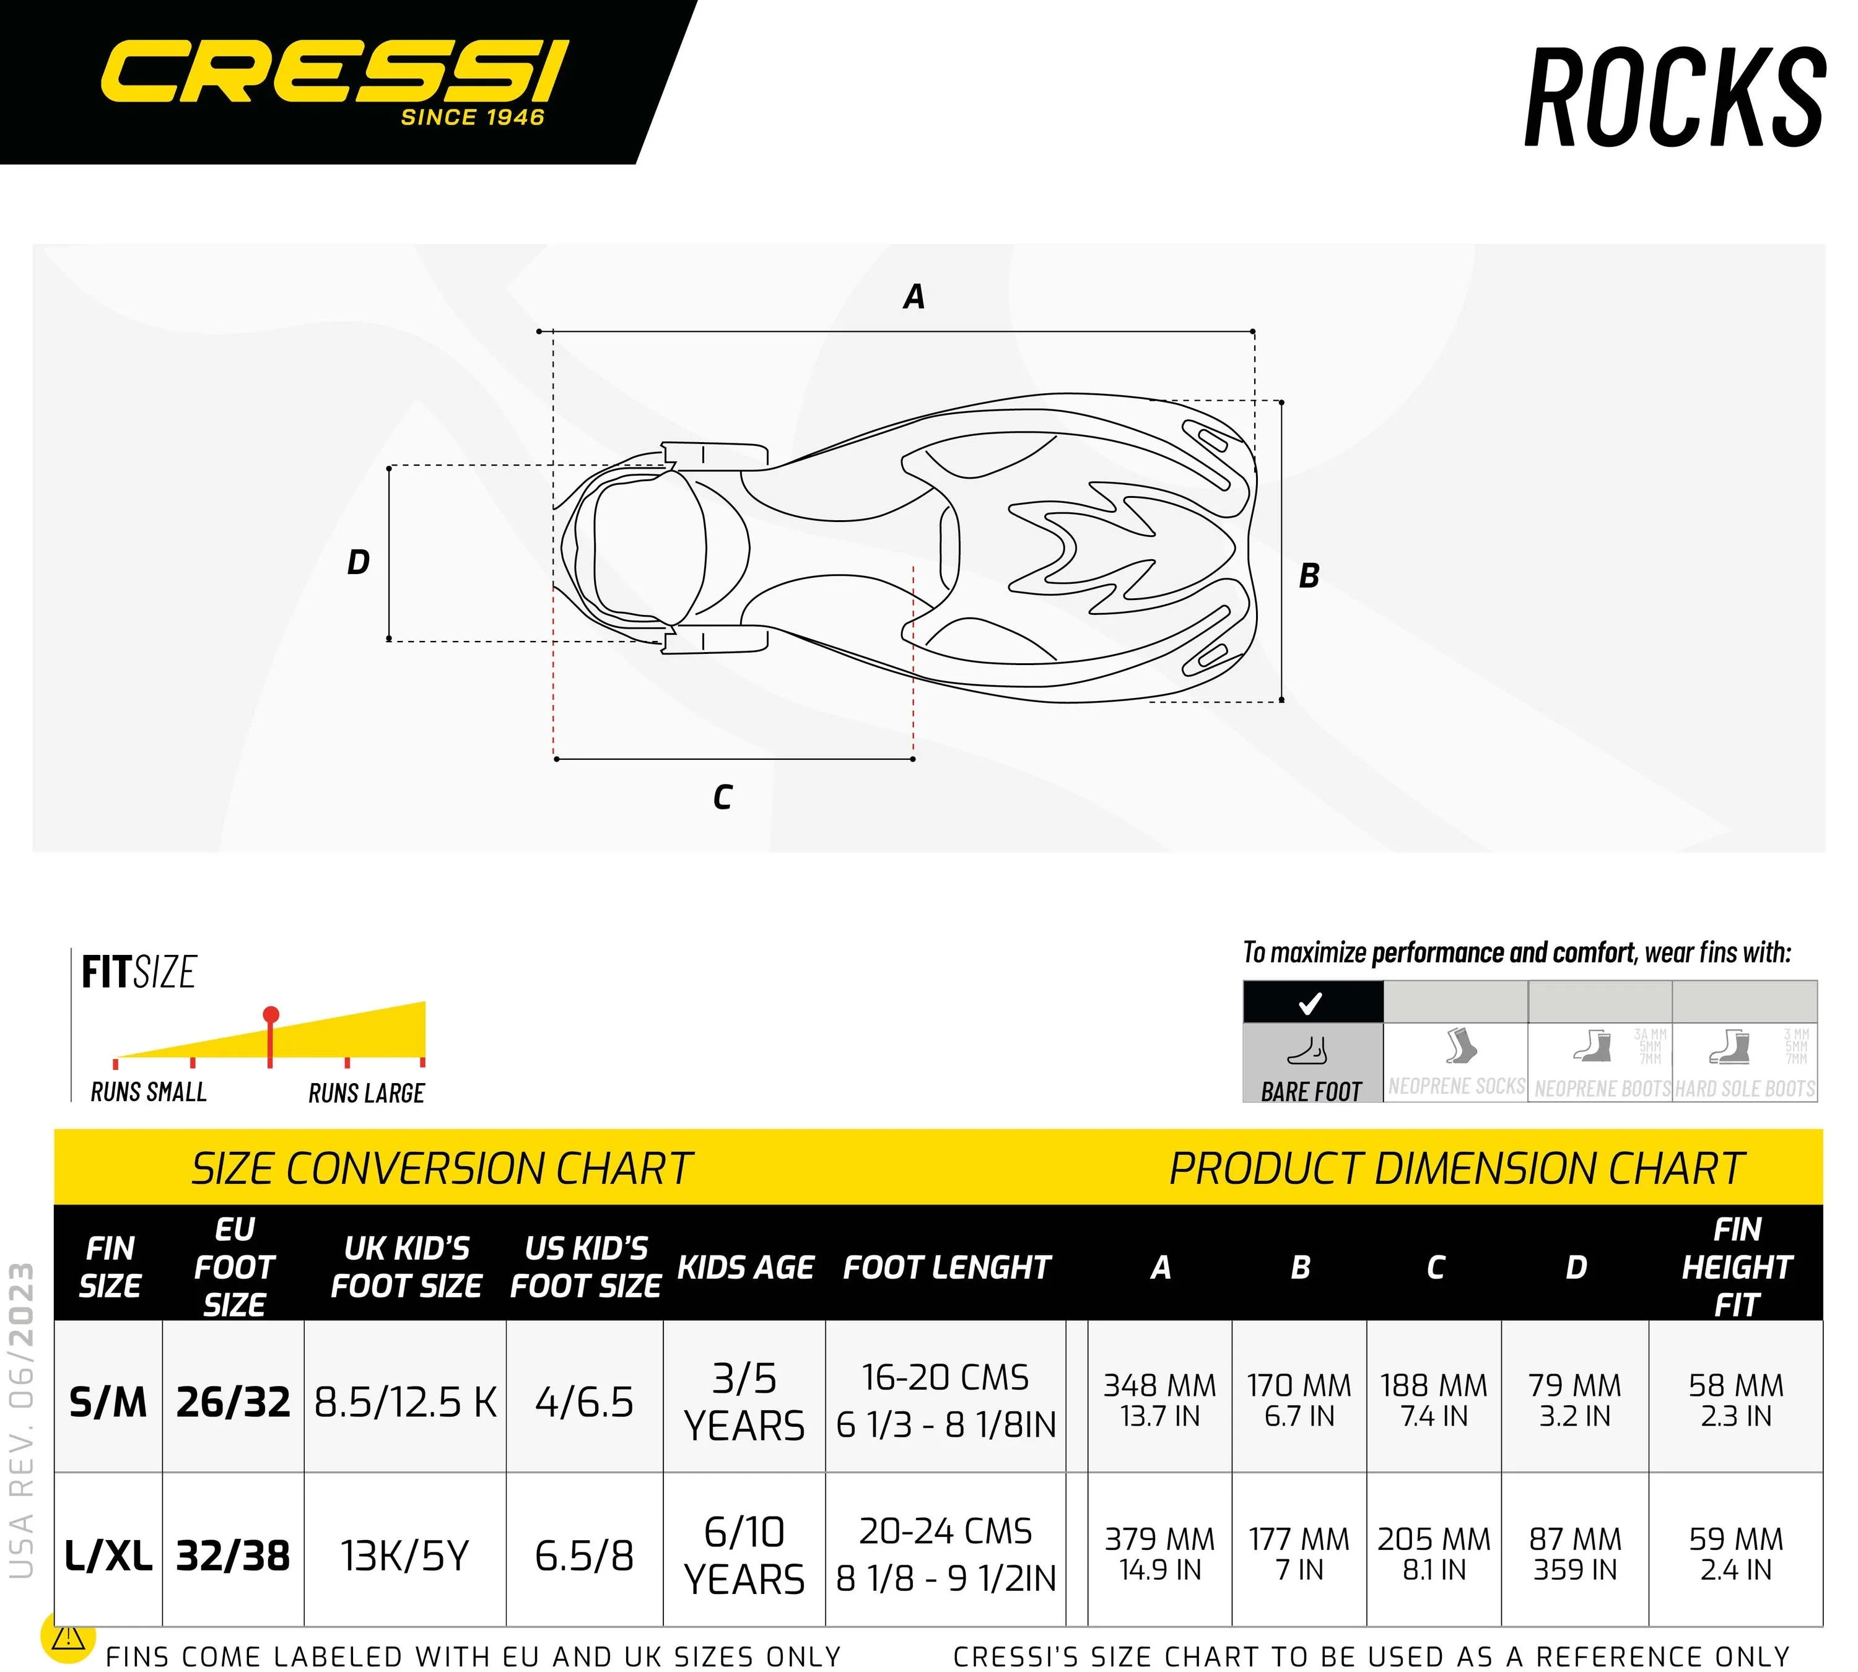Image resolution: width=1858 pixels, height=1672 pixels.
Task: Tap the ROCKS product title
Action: coord(1674,98)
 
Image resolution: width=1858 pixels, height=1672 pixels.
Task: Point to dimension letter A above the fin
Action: coord(914,297)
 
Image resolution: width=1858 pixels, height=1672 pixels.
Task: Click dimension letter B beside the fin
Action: coord(1309,576)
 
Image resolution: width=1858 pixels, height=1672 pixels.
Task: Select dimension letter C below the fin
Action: coord(722,796)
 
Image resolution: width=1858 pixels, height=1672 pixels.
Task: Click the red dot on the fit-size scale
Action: coord(270,1015)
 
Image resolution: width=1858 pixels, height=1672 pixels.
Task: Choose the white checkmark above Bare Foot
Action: coord(1311,1003)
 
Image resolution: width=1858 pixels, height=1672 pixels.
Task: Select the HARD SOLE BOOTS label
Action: coord(1745,1089)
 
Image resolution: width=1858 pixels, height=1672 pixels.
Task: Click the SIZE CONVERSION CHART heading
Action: coord(441,1169)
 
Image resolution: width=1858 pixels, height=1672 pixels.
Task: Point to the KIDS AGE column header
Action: coord(745,1267)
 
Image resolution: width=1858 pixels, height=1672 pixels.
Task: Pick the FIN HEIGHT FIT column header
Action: coord(1736,1267)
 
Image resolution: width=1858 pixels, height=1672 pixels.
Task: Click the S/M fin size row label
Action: coord(108,1402)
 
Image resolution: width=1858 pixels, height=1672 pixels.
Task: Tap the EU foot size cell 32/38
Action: coord(233,1556)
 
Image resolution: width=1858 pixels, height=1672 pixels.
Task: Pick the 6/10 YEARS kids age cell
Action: coord(744,1556)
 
